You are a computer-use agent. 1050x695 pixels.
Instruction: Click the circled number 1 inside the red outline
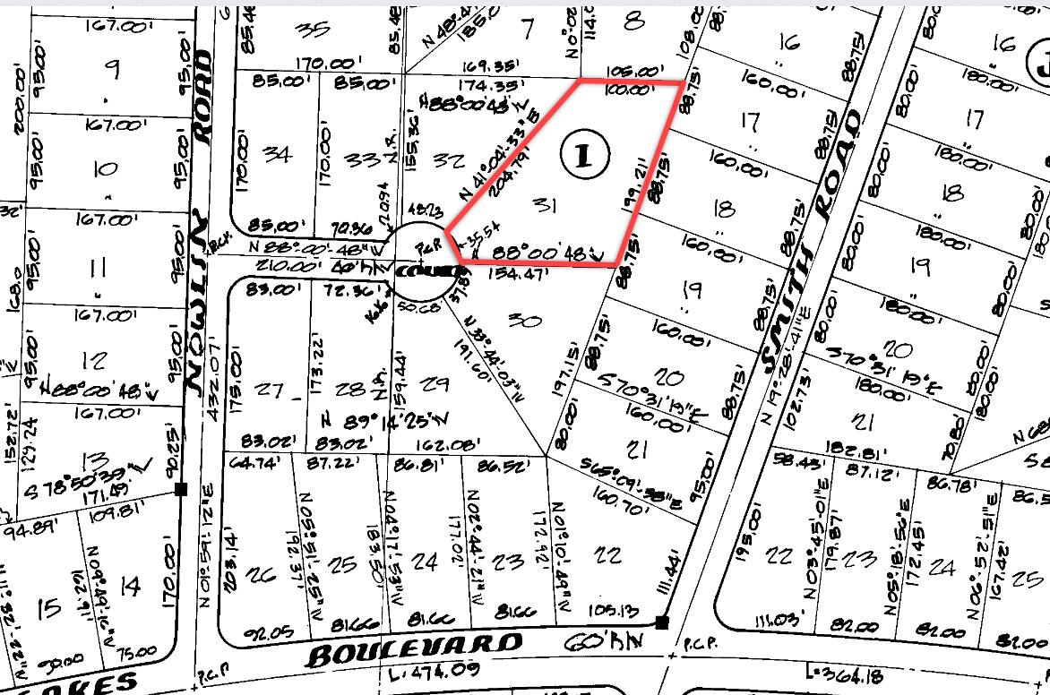pyautogui.click(x=583, y=156)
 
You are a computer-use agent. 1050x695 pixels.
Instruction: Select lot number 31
pyautogui.click(x=546, y=207)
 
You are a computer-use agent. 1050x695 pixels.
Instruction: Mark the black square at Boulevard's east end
pyautogui.click(x=661, y=622)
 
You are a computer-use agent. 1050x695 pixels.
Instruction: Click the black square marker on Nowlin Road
pyautogui.click(x=181, y=489)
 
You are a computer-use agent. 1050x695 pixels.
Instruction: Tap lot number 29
pyautogui.click(x=435, y=384)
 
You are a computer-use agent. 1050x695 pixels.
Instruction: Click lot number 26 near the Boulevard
pyautogui.click(x=265, y=574)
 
